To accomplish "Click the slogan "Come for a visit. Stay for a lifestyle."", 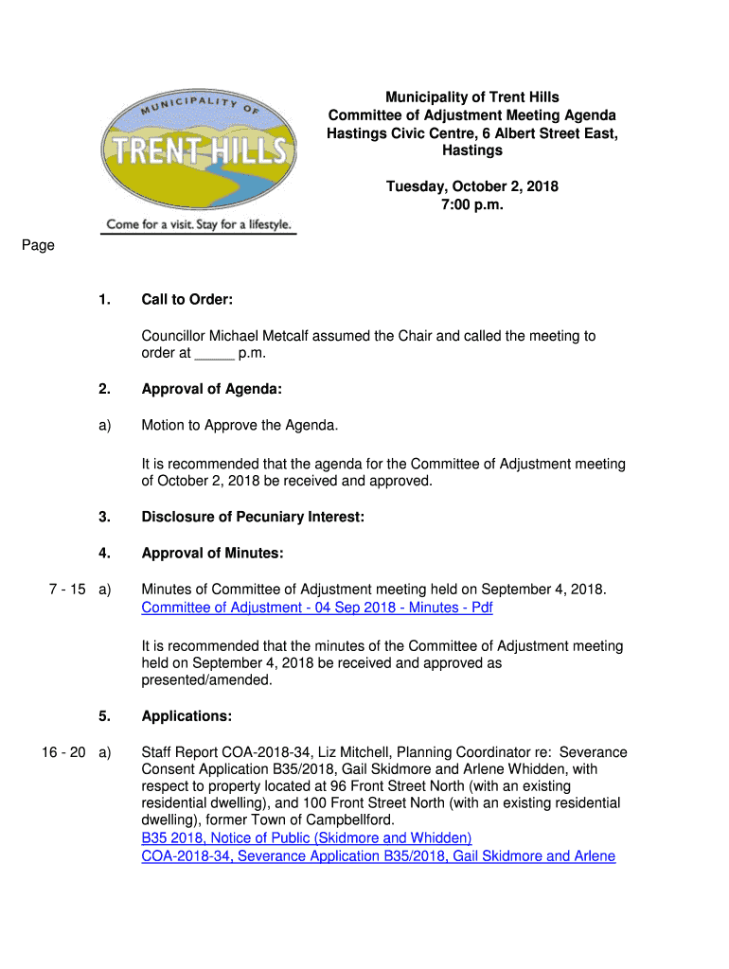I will point(199,225).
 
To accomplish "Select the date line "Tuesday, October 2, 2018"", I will point(471,186).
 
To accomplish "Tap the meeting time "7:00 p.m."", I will point(471,204).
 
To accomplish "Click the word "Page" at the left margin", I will point(38,246).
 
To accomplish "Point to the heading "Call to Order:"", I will point(187,300).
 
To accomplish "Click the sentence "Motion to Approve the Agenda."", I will point(240,426).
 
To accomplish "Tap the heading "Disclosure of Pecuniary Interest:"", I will point(253,517).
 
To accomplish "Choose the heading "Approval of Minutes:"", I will point(212,553).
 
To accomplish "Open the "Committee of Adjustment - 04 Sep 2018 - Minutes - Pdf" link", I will point(317,608).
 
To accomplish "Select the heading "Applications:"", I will point(187,716).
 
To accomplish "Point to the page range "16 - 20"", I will point(63,752).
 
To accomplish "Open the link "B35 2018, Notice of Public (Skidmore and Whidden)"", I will point(307,838).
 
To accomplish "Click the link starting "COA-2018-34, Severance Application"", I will point(378,856).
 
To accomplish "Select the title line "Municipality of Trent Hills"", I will point(471,97).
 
